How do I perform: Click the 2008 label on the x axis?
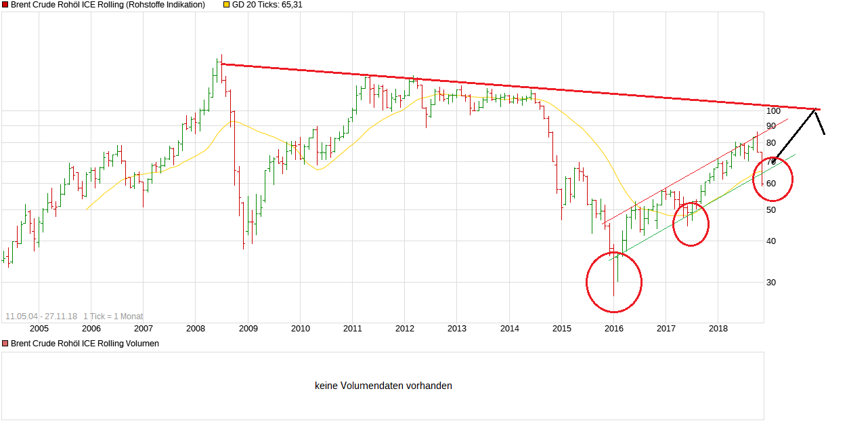[196, 329]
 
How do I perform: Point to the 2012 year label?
[405, 329]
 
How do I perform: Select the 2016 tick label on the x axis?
[614, 329]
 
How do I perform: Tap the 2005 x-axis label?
[39, 329]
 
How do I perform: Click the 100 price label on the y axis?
[774, 110]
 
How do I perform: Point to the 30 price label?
[772, 283]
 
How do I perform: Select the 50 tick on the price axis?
[772, 210]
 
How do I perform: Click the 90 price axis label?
[772, 126]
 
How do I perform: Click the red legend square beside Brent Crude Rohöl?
[5, 5]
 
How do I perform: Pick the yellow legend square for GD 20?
[226, 5]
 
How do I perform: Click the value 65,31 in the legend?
[290, 5]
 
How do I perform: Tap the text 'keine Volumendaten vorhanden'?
[383, 386]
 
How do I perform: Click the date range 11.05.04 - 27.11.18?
[41, 317]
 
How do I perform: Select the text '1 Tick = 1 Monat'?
[113, 317]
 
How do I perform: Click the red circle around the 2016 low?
[614, 282]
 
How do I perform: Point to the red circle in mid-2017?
[691, 224]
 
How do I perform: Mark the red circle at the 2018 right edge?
[772, 179]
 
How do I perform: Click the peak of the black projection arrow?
[816, 109]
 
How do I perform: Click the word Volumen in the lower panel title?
[143, 344]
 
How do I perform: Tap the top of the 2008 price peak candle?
[221, 56]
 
